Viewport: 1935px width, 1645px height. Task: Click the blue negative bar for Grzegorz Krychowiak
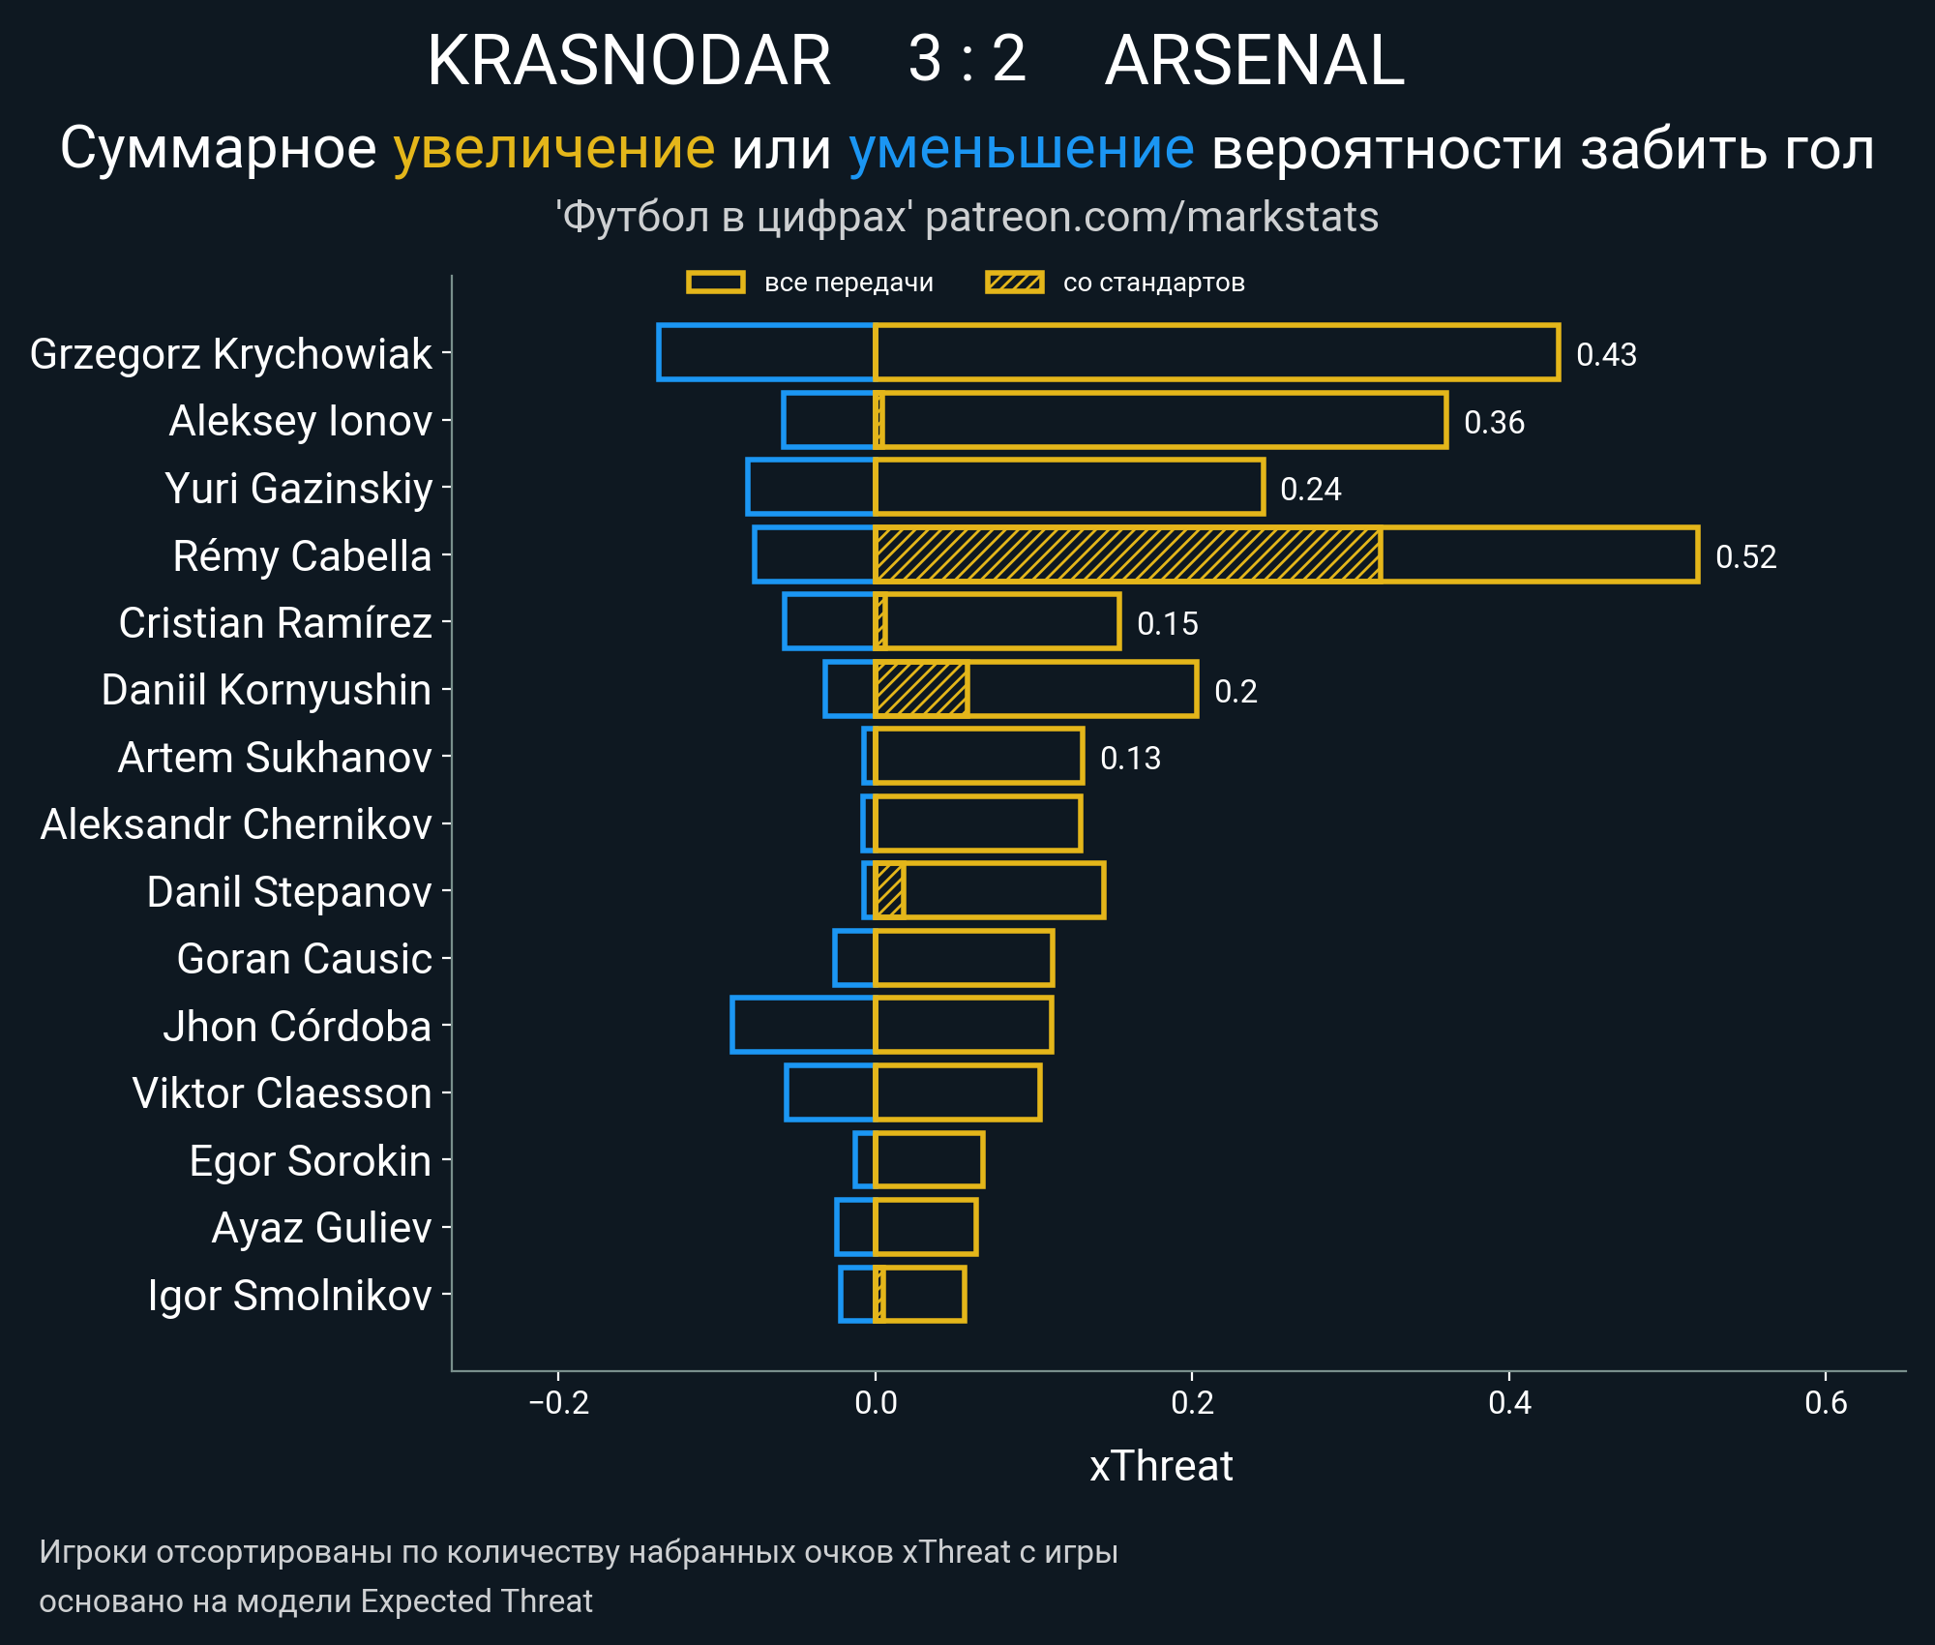coord(766,353)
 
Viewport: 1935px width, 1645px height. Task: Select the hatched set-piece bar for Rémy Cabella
coord(1127,554)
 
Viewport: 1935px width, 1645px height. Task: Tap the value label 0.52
coord(1745,557)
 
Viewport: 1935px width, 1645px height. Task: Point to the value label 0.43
coord(1606,355)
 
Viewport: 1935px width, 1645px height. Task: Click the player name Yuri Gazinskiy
coord(299,489)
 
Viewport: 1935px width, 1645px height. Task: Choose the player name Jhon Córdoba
coord(297,1027)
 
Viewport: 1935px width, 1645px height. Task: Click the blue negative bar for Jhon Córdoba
coord(803,1025)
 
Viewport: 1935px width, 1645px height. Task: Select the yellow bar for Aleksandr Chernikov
coord(977,824)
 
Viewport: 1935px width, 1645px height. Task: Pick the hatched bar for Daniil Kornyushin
coord(921,690)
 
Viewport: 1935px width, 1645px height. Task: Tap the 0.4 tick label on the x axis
coord(1509,1403)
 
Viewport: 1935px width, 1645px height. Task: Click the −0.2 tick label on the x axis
coord(558,1403)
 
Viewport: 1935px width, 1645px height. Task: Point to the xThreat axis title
coord(1161,1467)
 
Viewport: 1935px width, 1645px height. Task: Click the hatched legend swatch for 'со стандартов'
coord(1014,283)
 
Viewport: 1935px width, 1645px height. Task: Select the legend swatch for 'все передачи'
coord(715,283)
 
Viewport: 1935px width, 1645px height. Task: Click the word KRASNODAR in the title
coord(629,61)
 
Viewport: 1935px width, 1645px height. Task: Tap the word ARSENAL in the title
coord(1254,61)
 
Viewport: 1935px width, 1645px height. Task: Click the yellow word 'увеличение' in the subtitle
coord(553,149)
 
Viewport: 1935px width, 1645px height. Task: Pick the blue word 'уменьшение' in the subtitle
coord(1021,149)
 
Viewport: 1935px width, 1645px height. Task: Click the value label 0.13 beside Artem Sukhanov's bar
coord(1130,759)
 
